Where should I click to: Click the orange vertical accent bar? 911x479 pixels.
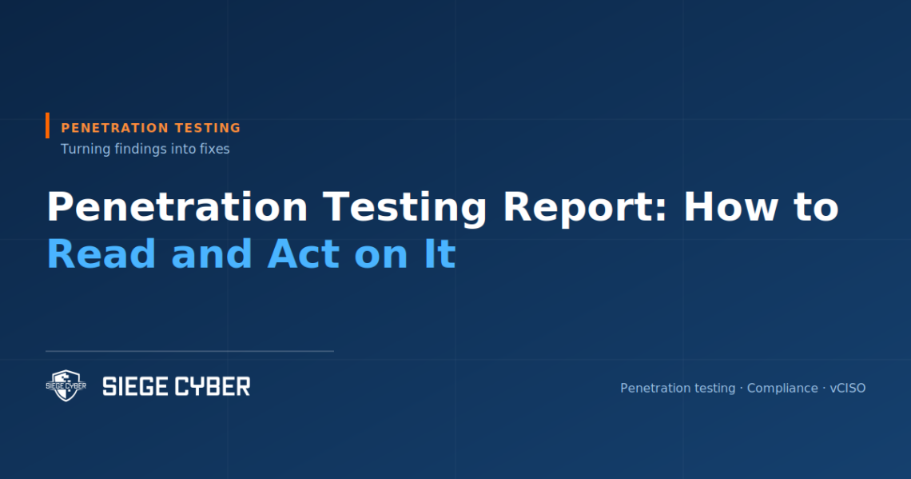(48, 126)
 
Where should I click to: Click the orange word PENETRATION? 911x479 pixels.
(114, 128)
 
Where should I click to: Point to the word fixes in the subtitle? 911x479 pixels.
(215, 149)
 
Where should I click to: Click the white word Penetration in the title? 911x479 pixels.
(177, 207)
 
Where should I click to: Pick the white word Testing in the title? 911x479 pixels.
(404, 208)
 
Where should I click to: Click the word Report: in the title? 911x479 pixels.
(585, 208)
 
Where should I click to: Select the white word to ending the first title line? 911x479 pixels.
(816, 208)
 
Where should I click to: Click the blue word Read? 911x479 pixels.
(101, 254)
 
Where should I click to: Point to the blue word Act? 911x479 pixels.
(304, 254)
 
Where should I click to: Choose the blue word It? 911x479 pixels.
(440, 254)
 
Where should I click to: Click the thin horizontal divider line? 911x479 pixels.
(189, 351)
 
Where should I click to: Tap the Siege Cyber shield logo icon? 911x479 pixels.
(66, 385)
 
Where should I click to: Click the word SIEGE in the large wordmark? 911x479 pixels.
(135, 386)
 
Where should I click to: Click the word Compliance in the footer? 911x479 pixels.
(782, 389)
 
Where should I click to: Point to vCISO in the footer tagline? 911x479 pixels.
(848, 389)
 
